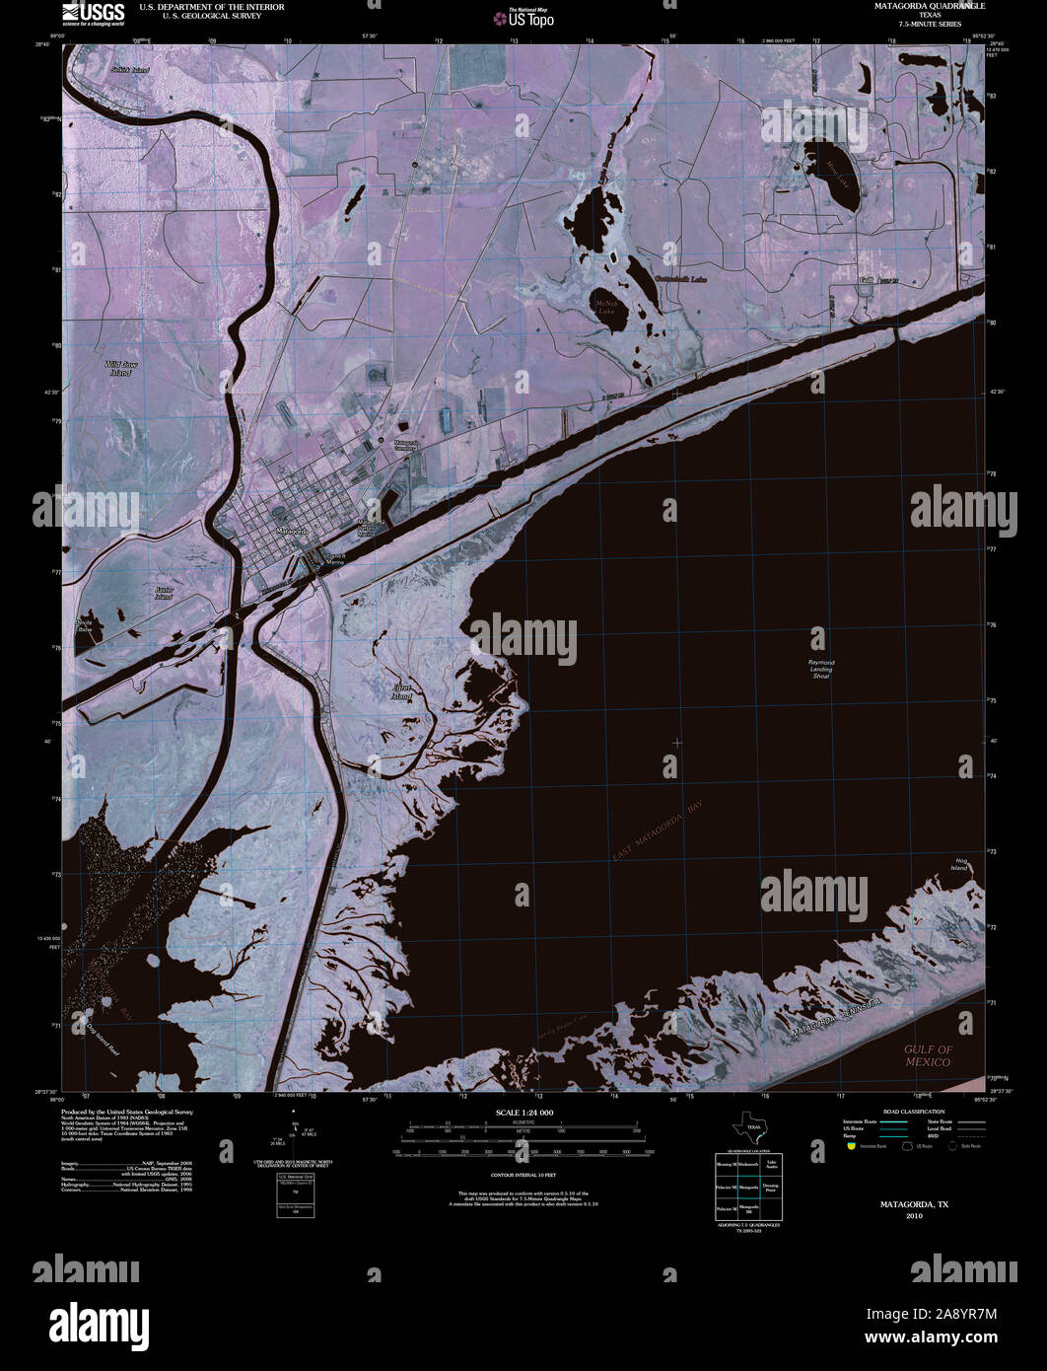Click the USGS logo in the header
(94, 12)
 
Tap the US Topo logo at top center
(524, 17)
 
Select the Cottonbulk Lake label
(680, 279)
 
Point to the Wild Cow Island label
(120, 369)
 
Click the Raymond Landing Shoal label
(821, 669)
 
